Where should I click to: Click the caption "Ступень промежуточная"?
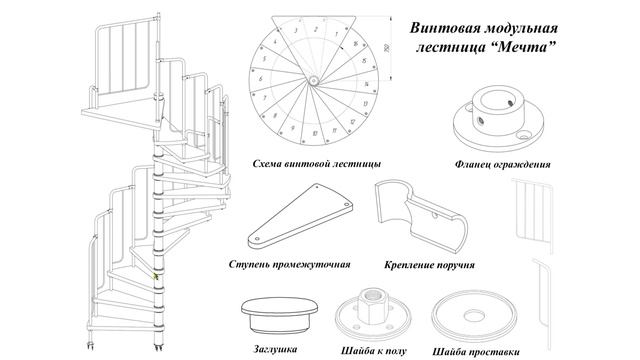coord(289,265)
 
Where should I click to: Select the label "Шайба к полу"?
coord(372,350)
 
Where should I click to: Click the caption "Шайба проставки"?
coord(477,351)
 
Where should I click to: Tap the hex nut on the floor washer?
coord(377,296)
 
